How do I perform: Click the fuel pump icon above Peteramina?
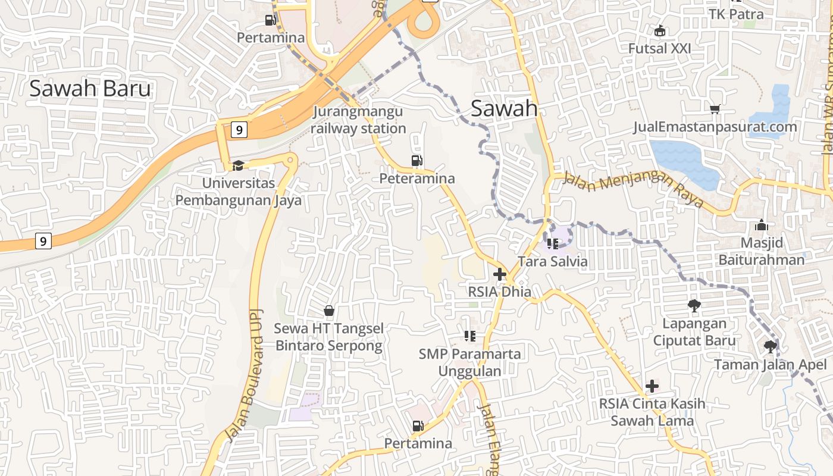[x=417, y=160]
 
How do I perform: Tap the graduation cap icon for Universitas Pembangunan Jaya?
[x=238, y=165]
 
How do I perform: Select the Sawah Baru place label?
[x=90, y=89]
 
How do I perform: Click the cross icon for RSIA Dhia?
[x=500, y=274]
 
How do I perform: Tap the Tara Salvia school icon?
[x=553, y=243]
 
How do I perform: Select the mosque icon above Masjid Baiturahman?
[x=761, y=226]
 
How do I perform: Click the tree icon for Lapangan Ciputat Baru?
[x=694, y=306]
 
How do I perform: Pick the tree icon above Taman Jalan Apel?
[x=770, y=346]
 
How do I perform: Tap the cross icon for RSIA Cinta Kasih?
[x=652, y=386]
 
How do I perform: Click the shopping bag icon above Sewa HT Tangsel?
[x=328, y=311]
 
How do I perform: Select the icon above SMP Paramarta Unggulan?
[x=470, y=336]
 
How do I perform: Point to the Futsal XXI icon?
[x=659, y=30]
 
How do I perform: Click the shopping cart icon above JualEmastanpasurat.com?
[x=715, y=109]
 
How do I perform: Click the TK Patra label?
[x=736, y=14]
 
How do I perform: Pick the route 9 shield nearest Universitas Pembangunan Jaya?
[x=239, y=130]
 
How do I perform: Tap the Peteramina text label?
[x=417, y=178]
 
